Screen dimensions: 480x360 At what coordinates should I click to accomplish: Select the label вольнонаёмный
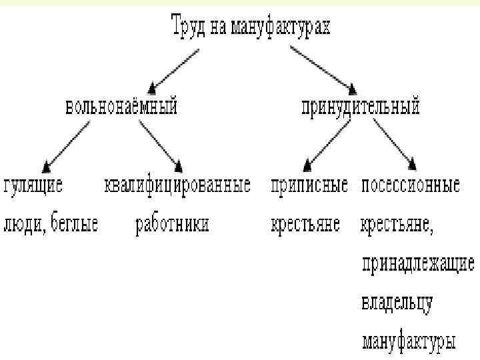click(121, 106)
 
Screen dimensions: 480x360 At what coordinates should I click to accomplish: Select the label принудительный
click(361, 106)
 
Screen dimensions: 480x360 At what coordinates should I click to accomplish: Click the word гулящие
click(34, 185)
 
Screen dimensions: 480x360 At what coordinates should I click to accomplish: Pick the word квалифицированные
click(178, 185)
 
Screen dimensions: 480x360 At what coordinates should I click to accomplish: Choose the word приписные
click(309, 185)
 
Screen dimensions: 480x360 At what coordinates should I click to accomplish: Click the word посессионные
click(411, 185)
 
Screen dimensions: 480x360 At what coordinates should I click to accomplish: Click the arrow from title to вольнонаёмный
click(177, 67)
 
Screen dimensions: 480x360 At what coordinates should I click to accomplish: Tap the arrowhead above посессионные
click(412, 163)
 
